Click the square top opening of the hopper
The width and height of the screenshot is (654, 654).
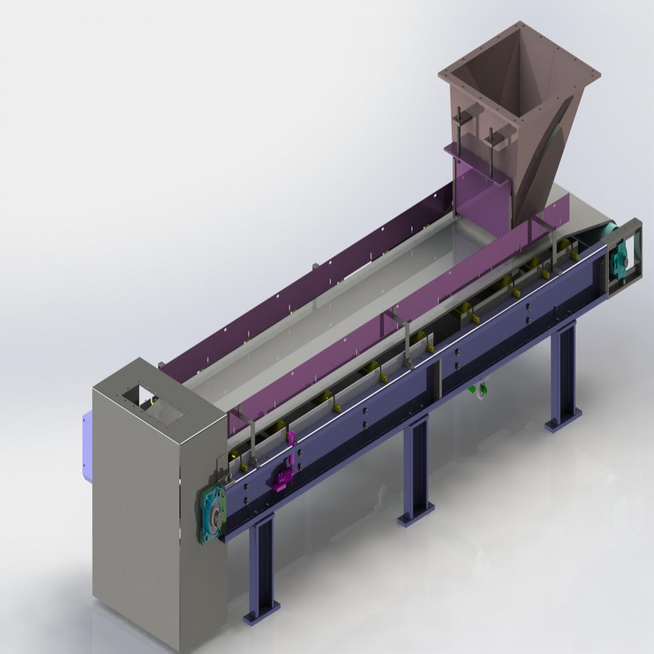coord(520,75)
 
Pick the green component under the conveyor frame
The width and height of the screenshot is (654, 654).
coord(473,389)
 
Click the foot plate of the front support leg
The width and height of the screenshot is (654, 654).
coord(261,612)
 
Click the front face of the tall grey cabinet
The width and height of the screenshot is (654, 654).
coord(137,523)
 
